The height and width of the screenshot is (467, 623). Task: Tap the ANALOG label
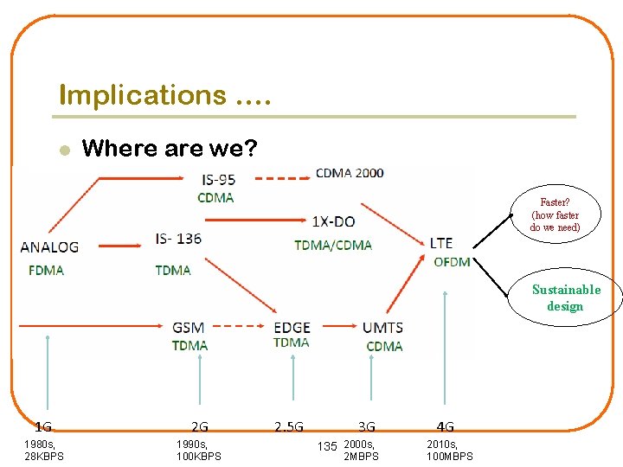point(49,246)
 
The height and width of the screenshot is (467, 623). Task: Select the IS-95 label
point(218,179)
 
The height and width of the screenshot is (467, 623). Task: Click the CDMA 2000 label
point(350,173)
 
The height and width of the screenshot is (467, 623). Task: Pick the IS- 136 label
point(179,238)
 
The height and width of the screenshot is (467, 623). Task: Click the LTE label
point(441,243)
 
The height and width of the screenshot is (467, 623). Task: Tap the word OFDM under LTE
point(452,262)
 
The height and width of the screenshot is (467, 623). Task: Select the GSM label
point(188,328)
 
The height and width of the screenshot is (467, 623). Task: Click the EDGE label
point(292,328)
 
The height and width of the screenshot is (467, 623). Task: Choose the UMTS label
point(382,328)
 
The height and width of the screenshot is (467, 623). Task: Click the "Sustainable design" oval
point(565,298)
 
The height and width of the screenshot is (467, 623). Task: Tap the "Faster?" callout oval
point(555,215)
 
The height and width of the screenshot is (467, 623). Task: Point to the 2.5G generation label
point(289,426)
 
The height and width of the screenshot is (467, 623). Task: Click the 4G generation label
point(446,426)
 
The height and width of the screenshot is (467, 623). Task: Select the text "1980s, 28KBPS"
point(43,450)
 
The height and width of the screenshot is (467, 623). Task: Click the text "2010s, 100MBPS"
point(450,450)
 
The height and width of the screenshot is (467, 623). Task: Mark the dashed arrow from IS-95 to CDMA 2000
point(281,179)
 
